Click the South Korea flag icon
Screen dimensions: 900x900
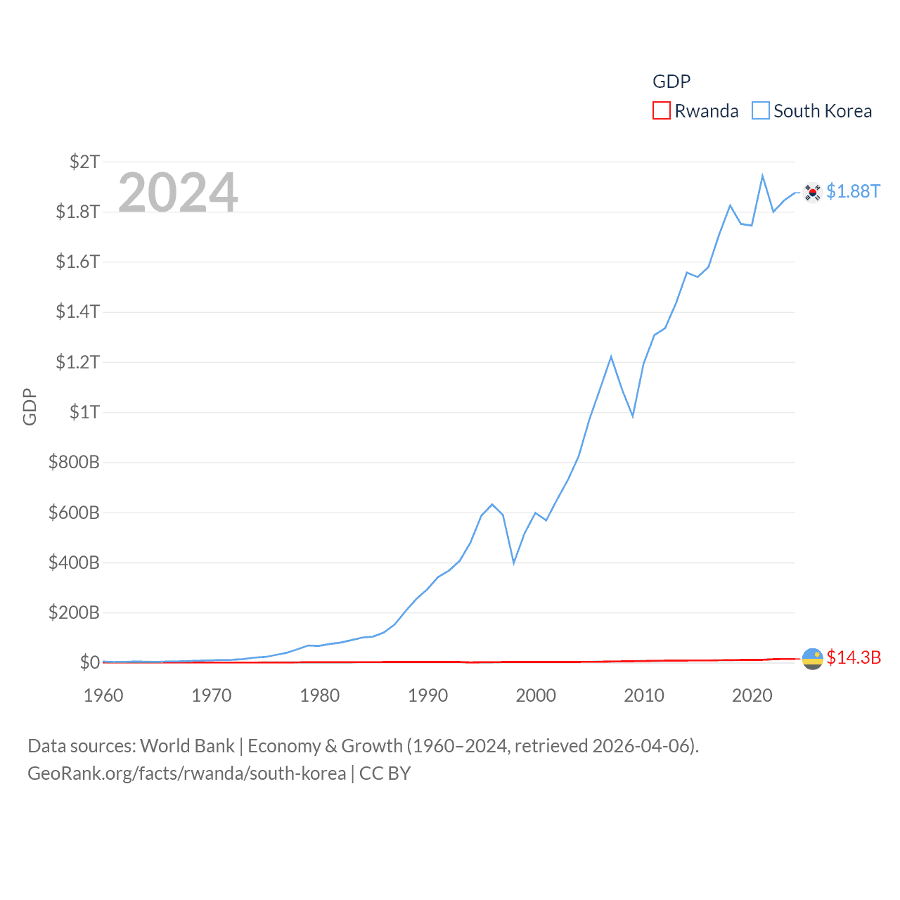click(812, 192)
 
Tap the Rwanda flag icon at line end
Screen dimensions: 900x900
click(812, 658)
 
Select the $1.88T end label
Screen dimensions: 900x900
click(853, 191)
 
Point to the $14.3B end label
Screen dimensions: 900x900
click(854, 657)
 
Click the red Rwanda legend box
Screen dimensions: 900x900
click(662, 111)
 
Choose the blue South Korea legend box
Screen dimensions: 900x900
click(761, 111)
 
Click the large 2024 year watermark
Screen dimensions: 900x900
click(178, 192)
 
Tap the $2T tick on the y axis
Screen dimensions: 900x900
click(84, 162)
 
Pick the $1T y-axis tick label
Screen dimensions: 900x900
click(84, 412)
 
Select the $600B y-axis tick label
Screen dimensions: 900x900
click(74, 513)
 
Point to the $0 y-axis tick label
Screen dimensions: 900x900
click(89, 662)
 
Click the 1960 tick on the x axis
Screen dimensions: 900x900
click(103, 695)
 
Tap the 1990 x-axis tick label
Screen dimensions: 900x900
click(427, 695)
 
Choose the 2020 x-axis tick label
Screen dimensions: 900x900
click(752, 695)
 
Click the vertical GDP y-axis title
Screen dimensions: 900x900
click(30, 406)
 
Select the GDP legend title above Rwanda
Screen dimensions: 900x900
click(671, 82)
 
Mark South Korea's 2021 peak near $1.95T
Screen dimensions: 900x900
click(762, 176)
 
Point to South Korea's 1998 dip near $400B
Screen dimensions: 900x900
click(514, 562)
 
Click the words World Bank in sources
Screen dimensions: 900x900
click(188, 746)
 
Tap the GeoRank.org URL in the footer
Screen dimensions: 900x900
click(186, 773)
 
